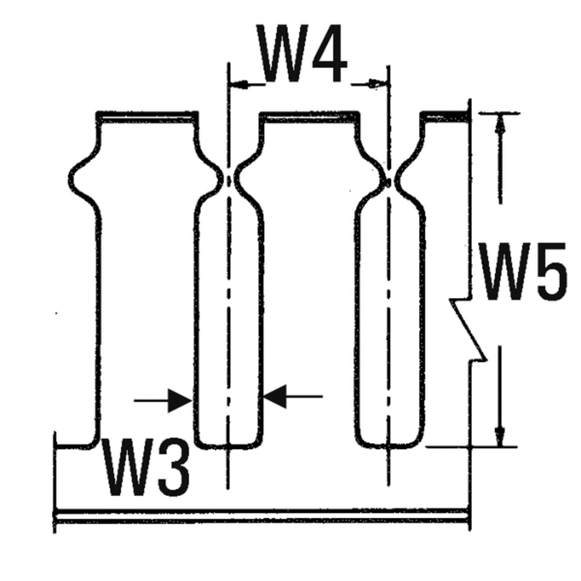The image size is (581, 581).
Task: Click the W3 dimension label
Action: tap(146, 469)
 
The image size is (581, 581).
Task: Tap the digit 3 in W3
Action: tap(174, 469)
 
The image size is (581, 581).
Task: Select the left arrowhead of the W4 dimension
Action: tap(238, 84)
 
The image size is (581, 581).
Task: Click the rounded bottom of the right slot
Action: tap(388, 445)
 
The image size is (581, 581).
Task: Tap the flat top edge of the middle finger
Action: tap(308, 115)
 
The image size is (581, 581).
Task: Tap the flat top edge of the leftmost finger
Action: tap(146, 115)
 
